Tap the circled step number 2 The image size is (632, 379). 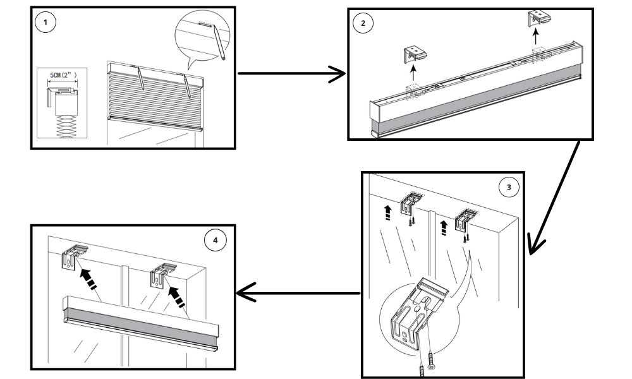point(363,23)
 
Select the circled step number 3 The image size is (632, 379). point(509,186)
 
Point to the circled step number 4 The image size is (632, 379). point(216,240)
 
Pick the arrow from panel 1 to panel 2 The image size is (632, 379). point(291,73)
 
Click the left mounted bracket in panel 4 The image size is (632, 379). point(75,256)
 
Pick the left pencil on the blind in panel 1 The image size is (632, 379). point(140,80)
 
